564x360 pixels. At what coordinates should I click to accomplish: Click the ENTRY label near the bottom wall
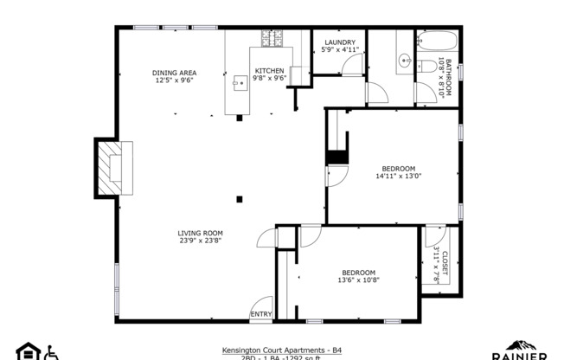point(261,313)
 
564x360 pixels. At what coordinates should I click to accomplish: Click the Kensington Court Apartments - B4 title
point(281,350)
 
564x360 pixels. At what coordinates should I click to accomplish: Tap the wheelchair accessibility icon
point(51,352)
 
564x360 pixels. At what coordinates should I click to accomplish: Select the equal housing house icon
point(29,351)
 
